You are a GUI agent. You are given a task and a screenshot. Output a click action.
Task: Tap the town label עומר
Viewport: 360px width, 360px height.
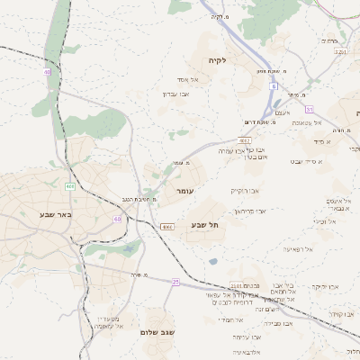coord(184,191)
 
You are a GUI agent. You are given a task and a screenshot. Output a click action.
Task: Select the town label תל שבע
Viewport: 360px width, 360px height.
coord(205,224)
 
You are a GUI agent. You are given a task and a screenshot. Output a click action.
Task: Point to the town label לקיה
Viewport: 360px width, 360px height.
coord(216,60)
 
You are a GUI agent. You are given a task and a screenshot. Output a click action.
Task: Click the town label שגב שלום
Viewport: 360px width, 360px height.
coord(157,331)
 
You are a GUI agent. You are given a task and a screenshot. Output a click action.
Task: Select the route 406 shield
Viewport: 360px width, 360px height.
coord(69,186)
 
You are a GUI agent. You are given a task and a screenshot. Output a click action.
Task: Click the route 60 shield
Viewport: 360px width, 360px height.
coord(117,218)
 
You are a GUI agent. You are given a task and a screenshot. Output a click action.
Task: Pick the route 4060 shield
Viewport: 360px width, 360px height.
coord(167,227)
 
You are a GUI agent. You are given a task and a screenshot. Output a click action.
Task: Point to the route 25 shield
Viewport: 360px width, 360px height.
coord(175,282)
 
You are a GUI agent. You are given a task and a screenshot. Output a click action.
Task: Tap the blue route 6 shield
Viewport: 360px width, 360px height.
coord(272,86)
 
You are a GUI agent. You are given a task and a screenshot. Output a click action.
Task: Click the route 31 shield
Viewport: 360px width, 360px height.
coord(309,108)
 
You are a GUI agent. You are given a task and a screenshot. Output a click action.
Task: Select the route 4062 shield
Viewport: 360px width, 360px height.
coord(244,140)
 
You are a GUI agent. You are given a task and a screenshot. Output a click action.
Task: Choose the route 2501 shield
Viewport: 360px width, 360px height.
coord(235,284)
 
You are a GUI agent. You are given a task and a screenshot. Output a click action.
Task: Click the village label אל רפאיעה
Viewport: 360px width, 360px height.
coord(297,248)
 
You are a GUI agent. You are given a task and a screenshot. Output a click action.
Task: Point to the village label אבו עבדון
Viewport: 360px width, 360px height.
coord(175,94)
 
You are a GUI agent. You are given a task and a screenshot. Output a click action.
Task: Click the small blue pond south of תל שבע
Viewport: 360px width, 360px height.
coord(212,261)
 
